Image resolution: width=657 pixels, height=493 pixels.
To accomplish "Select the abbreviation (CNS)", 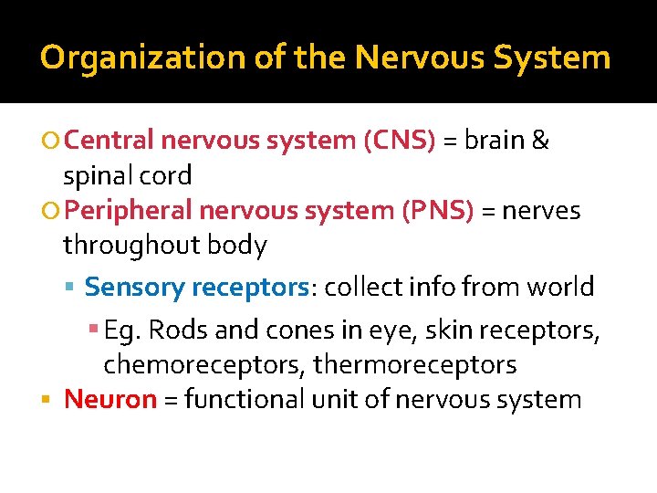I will pyautogui.click(x=400, y=141).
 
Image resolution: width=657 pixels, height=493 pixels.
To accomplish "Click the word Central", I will pyautogui.click(x=110, y=141).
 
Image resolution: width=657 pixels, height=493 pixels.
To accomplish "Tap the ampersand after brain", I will pyautogui.click(x=540, y=141).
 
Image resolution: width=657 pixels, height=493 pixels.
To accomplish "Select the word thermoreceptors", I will pyautogui.click(x=415, y=365).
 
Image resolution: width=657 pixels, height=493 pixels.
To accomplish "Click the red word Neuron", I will pyautogui.click(x=110, y=399).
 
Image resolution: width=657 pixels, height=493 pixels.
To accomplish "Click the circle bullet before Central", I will pyautogui.click(x=51, y=142).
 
